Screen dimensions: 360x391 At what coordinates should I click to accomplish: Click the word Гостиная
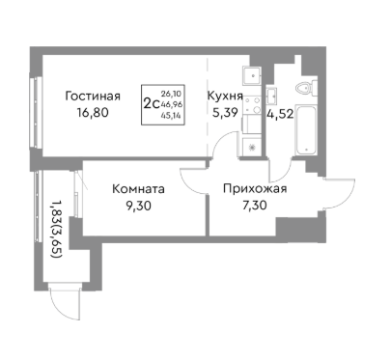93,96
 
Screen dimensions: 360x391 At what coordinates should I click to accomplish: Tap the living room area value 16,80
93,112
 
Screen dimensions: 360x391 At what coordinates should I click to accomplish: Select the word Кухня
224,96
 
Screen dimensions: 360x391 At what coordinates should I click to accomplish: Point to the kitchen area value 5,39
221,112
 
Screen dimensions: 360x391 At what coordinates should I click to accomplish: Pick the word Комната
138,189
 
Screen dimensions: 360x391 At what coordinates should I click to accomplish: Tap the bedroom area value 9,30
138,206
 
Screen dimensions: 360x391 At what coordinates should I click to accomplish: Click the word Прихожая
255,189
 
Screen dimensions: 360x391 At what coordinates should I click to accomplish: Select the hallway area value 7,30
255,206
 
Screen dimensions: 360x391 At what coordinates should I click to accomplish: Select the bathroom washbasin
274,94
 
